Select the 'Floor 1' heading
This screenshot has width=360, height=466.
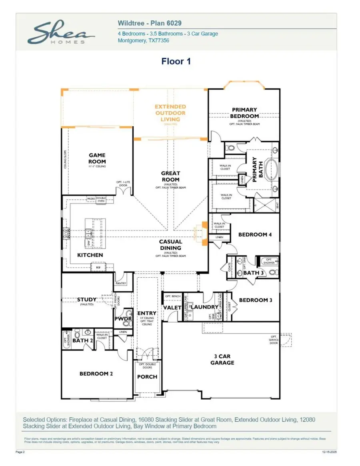coord(176,61)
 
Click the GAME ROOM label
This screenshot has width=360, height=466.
coord(97,158)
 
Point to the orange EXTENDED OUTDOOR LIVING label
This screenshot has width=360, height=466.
coord(170,113)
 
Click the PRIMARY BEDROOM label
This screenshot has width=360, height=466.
coord(244,113)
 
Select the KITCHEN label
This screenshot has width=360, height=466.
coord(90,255)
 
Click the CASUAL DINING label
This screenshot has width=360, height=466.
coord(170,245)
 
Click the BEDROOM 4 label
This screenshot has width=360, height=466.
coord(255,235)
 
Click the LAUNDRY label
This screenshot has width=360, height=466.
coord(205,307)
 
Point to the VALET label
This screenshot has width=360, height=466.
coord(172,307)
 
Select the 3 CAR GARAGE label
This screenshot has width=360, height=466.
coord(222,359)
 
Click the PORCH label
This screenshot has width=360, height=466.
coord(147,376)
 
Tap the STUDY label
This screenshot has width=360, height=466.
coord(87,299)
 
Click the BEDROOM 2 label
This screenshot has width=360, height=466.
coord(96,374)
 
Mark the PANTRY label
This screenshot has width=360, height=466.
coord(121,283)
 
